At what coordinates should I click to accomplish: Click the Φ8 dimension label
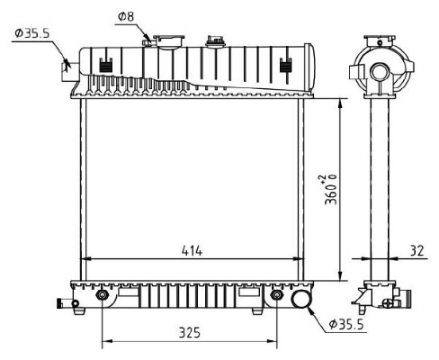click(x=126, y=16)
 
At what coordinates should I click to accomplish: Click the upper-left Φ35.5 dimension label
click(x=32, y=33)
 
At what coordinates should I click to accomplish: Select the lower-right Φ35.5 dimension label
click(x=346, y=324)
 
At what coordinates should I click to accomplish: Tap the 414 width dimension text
click(x=193, y=250)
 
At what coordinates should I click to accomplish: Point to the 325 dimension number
click(x=190, y=333)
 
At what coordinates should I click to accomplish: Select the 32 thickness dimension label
click(x=417, y=250)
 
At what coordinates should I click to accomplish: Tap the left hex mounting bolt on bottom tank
click(x=102, y=295)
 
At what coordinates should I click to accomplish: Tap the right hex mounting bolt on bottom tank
click(x=276, y=295)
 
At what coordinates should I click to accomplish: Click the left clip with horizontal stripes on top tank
click(x=105, y=66)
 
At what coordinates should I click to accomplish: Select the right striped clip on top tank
click(x=286, y=66)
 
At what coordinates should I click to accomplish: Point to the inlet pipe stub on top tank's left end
click(x=70, y=70)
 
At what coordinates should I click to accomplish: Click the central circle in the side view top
click(x=379, y=73)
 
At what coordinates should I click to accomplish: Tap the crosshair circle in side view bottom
click(x=389, y=303)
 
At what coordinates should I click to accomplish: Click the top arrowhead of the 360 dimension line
click(x=340, y=103)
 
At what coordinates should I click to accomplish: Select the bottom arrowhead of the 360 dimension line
click(x=340, y=276)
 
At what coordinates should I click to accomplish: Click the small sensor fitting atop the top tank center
click(x=215, y=41)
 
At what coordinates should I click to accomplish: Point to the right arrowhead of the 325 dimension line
click(x=272, y=341)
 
